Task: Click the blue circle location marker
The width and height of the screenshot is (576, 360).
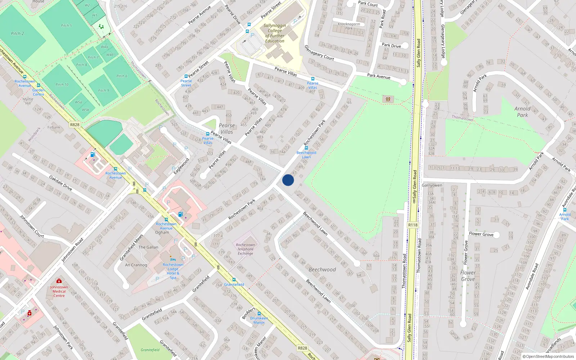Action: pos(288,180)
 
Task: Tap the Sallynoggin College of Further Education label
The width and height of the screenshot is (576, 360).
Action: pos(275,33)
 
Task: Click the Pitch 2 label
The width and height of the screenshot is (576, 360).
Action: pos(17,33)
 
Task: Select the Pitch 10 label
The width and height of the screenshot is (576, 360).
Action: pos(62,85)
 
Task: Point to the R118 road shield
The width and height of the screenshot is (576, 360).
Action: pos(413,225)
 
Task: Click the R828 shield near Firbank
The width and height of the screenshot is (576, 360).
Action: pos(75,125)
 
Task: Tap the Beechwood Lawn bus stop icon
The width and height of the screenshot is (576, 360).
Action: pos(306,148)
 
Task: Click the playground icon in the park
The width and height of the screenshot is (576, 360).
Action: pos(388,99)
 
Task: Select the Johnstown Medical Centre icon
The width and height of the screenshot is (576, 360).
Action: pos(59,281)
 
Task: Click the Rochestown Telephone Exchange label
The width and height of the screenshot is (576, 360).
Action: pos(246,249)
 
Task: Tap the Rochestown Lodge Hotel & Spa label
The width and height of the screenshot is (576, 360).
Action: pos(173,271)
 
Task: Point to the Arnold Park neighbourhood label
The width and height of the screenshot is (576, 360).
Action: pos(522,112)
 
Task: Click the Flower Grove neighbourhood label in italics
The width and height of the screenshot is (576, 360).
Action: pos(468,276)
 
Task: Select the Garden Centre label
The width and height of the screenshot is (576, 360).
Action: pos(39,92)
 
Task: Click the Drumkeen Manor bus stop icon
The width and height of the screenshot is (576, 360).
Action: pos(259,314)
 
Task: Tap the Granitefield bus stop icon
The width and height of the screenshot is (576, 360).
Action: pos(234,280)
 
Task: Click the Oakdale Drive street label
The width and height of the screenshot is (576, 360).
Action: pos(60,183)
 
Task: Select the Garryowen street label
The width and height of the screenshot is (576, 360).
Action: pos(432,185)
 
